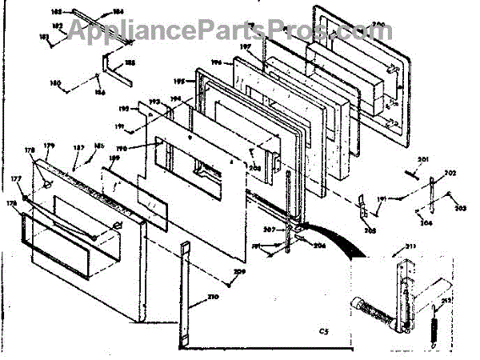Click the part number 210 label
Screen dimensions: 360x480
(213, 298)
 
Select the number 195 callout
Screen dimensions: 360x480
(178, 81)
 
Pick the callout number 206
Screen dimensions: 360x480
(319, 246)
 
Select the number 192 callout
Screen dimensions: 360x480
(124, 107)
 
